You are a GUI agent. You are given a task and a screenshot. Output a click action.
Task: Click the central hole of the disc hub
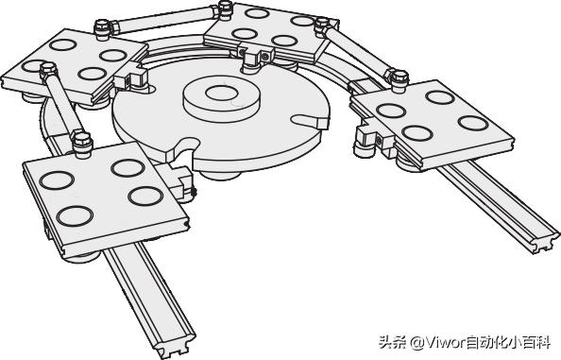click(220, 93)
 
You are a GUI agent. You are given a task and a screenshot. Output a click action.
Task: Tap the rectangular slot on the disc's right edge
click(309, 120)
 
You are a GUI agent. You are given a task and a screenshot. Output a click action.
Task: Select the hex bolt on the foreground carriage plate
click(82, 142)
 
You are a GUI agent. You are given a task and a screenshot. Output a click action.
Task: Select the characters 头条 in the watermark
click(394, 341)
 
